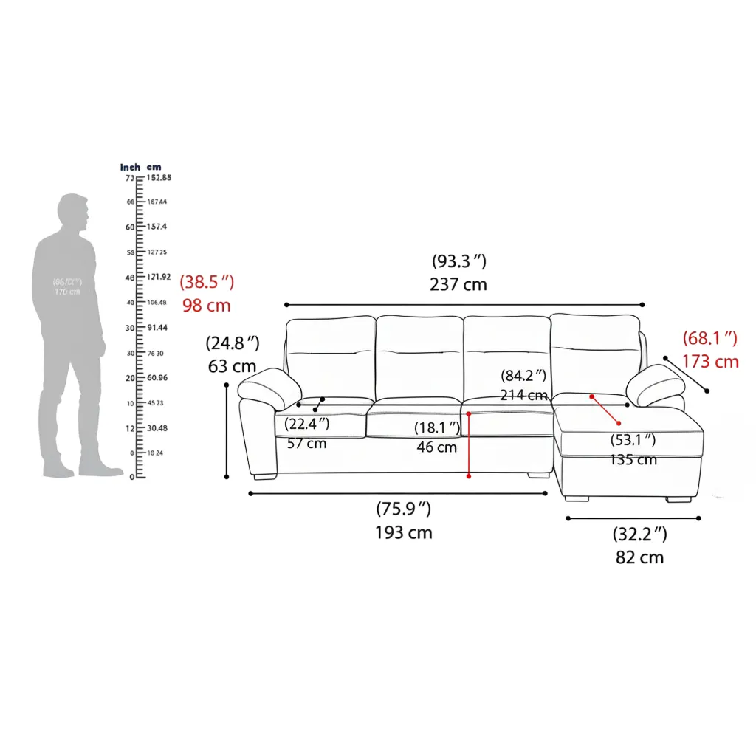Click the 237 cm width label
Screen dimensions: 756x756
tap(458, 285)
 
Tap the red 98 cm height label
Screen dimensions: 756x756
tap(207, 305)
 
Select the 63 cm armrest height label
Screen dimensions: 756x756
tap(233, 366)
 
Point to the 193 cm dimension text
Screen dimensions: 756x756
tap(404, 532)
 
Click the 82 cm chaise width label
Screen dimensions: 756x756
tap(639, 557)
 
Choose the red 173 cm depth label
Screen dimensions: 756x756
tap(710, 362)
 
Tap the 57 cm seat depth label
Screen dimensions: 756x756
tap(306, 444)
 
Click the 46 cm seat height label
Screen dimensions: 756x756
tap(436, 447)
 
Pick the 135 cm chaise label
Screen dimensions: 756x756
tap(633, 460)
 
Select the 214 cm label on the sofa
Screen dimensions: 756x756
tap(523, 395)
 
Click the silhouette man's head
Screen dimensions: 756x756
tap(74, 213)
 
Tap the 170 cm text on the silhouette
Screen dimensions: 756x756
tap(67, 292)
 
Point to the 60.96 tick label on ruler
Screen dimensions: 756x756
tap(157, 378)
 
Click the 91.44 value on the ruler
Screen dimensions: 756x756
tap(157, 328)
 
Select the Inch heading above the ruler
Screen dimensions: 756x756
tap(130, 168)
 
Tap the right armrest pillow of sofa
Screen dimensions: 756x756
tap(655, 384)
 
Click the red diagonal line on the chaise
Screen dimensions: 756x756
tap(605, 410)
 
